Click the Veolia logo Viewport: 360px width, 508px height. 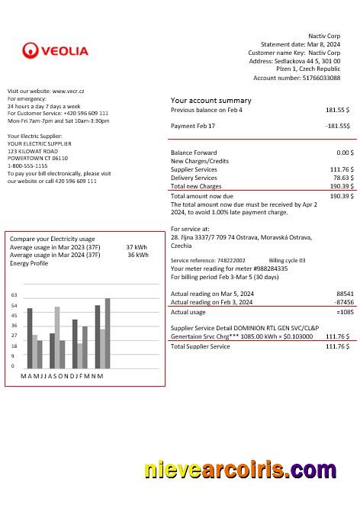click(55, 51)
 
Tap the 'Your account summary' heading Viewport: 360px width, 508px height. click(211, 100)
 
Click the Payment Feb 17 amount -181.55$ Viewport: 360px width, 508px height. click(337, 125)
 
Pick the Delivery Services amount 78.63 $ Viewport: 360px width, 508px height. click(341, 177)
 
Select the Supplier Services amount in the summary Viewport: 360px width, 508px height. click(341, 169)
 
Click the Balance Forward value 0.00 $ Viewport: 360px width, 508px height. click(345, 153)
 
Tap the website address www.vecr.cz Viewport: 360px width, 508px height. click(68, 91)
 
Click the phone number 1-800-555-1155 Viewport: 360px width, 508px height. click(27, 166)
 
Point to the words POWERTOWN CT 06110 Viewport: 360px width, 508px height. click(37, 158)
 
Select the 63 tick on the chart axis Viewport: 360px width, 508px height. click(13, 294)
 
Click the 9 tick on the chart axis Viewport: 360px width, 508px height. click(13, 355)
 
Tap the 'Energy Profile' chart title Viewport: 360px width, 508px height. click(28, 263)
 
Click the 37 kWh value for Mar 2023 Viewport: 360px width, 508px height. click(136, 247)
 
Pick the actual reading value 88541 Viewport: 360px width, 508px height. click(344, 293)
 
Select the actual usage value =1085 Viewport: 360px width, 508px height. click(344, 311)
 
